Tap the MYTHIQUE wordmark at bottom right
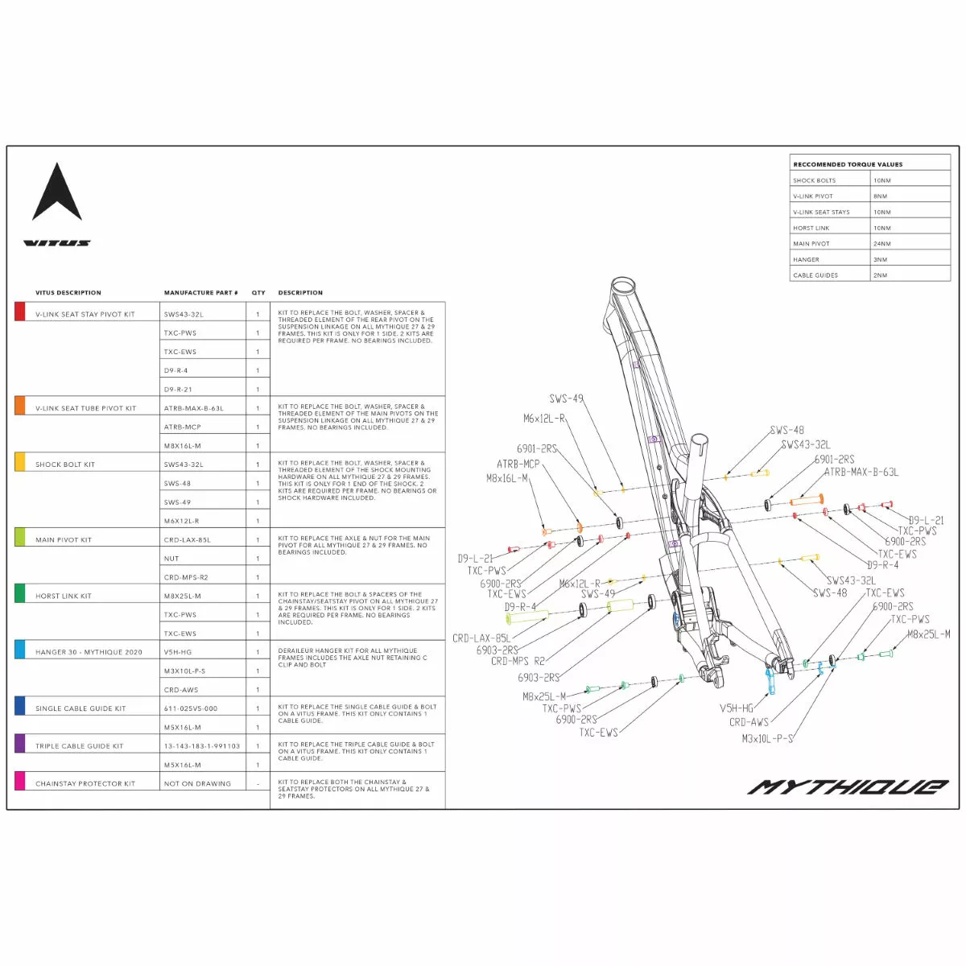(x=848, y=786)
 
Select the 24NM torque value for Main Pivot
(x=882, y=244)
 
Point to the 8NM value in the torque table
(x=881, y=196)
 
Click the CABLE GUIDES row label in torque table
(x=815, y=275)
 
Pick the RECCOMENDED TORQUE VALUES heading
(x=848, y=164)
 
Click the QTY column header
(x=258, y=293)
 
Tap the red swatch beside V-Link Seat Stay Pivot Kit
(x=20, y=312)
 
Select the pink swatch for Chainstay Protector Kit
(x=20, y=781)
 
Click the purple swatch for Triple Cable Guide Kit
(x=20, y=743)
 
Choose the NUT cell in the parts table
(x=171, y=559)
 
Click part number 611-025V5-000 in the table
(x=191, y=708)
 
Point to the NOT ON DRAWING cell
(x=197, y=784)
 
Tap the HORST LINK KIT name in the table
(x=64, y=597)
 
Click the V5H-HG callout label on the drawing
(x=737, y=708)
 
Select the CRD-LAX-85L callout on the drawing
(x=481, y=638)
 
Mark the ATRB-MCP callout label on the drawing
(x=518, y=464)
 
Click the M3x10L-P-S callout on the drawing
(x=767, y=738)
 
